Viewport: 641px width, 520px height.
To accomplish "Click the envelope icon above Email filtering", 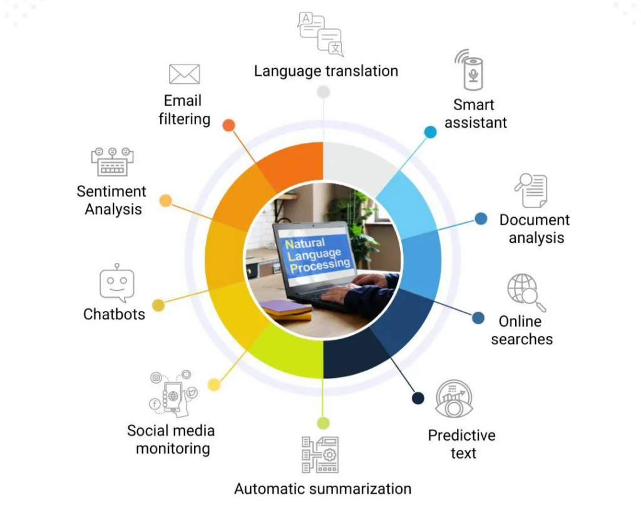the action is [185, 74].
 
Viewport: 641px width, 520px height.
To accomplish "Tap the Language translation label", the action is [326, 71].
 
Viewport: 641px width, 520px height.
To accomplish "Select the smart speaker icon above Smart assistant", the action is [469, 70].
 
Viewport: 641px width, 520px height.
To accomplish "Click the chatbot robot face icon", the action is [117, 283].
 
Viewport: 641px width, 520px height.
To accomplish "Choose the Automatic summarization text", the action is [322, 489].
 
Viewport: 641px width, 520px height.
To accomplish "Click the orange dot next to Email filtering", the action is [229, 125].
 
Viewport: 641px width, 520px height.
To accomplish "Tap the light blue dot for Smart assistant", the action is [431, 132].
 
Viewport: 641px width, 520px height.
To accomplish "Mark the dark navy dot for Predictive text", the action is [418, 398].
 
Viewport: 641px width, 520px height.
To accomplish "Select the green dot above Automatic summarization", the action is [324, 423].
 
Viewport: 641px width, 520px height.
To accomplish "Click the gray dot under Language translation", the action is [324, 92].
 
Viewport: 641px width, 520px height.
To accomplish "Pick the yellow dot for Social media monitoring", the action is [214, 385].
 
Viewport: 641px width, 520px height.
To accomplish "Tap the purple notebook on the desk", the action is [285, 308].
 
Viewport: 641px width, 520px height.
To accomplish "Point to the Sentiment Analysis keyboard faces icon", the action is [113, 162].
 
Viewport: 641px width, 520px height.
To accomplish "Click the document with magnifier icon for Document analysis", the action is [531, 190].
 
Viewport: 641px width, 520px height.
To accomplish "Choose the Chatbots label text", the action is [114, 314].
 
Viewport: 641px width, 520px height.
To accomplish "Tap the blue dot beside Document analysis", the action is [481, 219].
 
